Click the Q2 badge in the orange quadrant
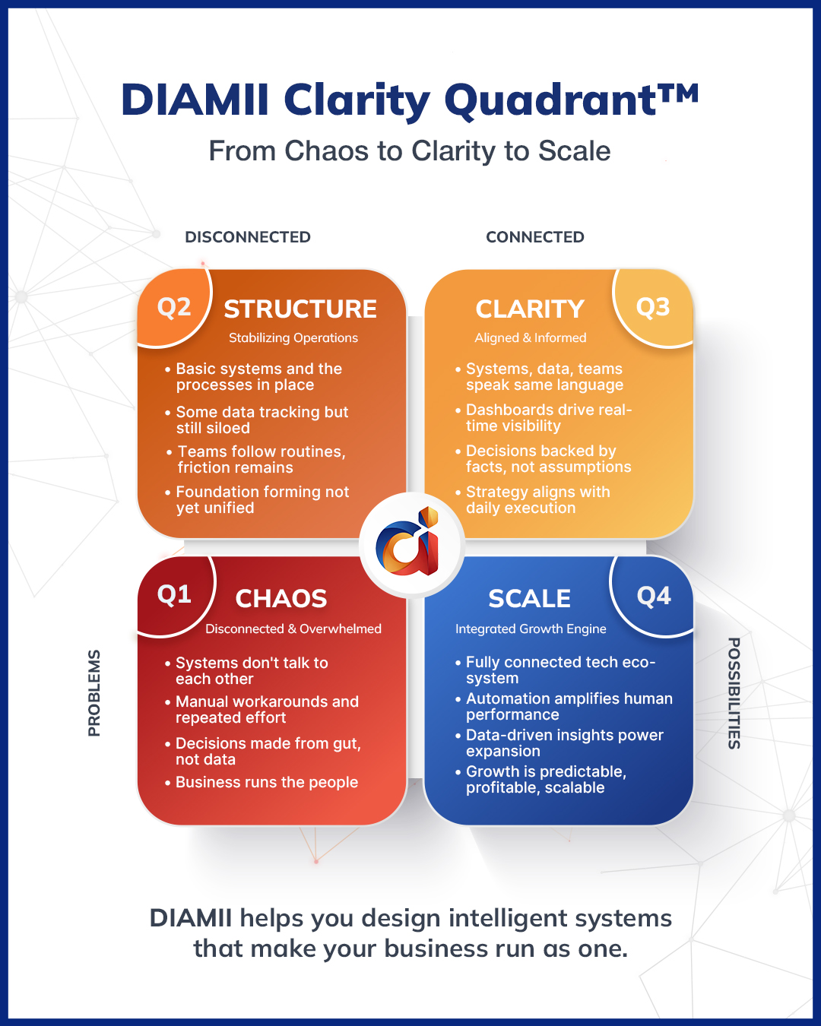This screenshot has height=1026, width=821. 174,308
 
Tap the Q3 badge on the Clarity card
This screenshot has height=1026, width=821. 652,308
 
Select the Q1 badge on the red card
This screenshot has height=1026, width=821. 174,594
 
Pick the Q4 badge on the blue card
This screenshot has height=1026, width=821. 654,597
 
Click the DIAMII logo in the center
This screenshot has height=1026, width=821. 410,543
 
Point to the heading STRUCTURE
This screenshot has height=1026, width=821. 300,309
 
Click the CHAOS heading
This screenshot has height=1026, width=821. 281,599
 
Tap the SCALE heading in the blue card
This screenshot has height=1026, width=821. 529,599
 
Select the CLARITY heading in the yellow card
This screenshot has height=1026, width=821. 530,309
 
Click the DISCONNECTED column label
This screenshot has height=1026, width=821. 248,237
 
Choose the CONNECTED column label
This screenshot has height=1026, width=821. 535,237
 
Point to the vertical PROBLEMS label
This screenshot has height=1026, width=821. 94,692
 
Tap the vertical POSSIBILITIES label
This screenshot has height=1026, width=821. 734,692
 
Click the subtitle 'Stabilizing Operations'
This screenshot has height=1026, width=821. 293,338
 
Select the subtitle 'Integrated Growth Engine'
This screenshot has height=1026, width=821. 531,629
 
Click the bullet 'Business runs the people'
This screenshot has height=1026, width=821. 267,783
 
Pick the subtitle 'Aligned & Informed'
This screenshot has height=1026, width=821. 531,338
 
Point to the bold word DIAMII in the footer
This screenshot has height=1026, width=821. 191,918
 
